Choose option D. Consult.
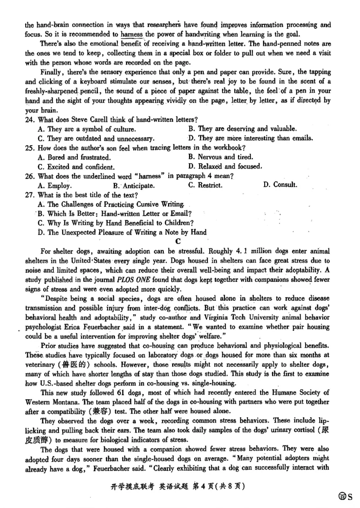point(280,184)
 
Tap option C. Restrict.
point(205,185)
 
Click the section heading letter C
point(177,242)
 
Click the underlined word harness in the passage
point(131,34)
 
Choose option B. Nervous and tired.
point(220,157)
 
